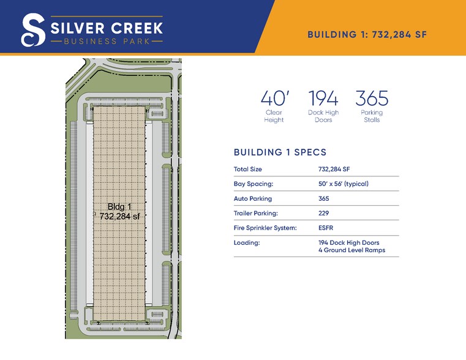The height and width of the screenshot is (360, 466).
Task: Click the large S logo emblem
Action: click(32, 30)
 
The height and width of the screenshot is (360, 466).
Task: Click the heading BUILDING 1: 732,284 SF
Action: click(367, 34)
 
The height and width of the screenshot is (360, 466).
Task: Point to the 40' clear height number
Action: click(273, 99)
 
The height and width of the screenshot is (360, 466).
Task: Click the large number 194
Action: click(323, 99)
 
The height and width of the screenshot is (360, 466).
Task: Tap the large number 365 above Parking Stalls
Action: click(372, 99)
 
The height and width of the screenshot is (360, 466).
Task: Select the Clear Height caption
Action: click(274, 116)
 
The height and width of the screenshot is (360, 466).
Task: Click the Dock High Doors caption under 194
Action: click(323, 116)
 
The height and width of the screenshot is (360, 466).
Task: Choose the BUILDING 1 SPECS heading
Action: click(280, 152)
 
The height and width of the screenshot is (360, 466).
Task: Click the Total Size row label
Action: click(248, 169)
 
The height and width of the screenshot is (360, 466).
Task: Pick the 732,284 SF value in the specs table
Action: click(334, 169)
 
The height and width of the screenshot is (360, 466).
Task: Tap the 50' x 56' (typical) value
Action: click(344, 184)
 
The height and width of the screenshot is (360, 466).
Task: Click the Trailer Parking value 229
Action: click(324, 213)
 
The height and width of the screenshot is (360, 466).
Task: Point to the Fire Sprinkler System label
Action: click(265, 228)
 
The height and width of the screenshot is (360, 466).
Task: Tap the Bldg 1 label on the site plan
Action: click(119, 206)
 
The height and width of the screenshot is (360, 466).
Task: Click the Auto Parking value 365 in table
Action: click(324, 198)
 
